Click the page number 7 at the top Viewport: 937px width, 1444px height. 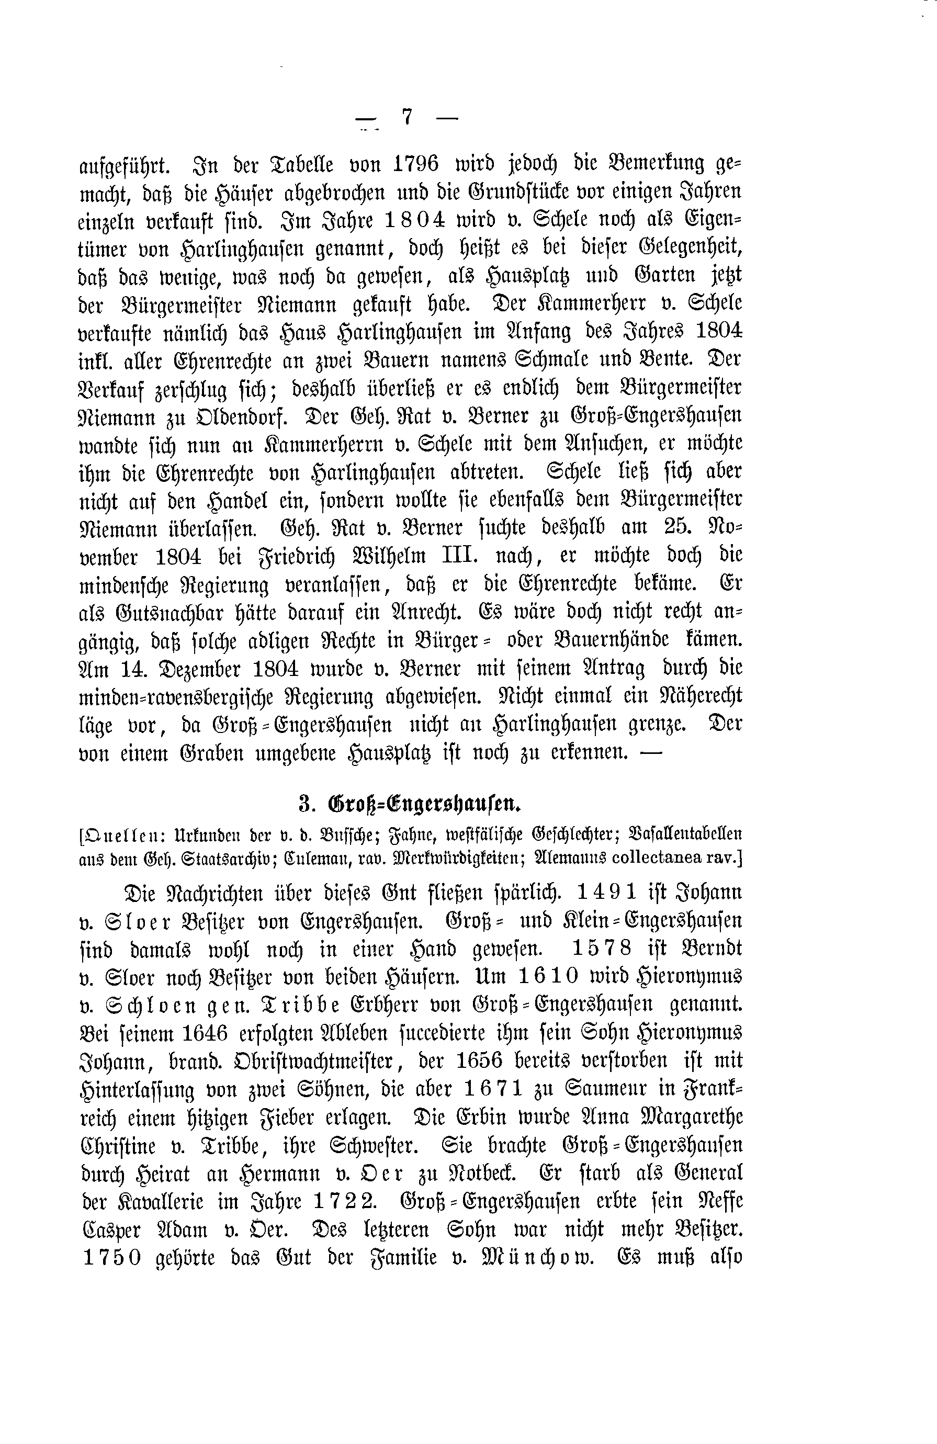pos(407,117)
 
